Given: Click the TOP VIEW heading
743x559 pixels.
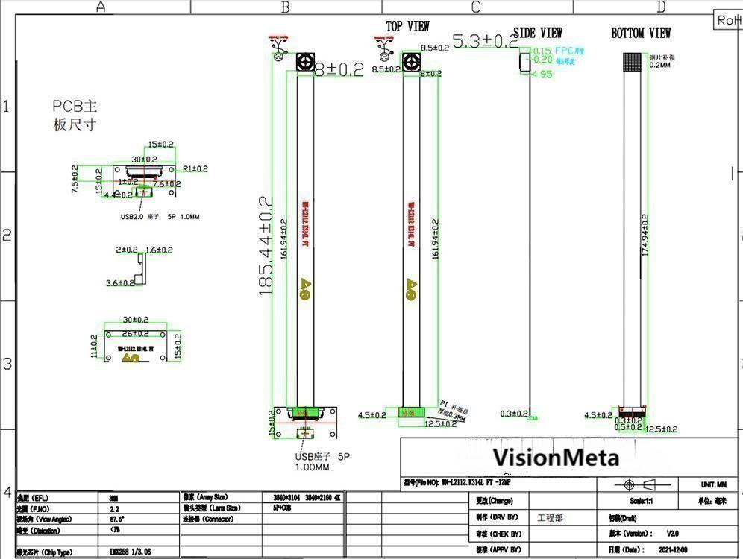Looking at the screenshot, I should click(x=407, y=27).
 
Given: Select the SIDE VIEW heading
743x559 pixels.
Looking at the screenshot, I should click(x=537, y=33).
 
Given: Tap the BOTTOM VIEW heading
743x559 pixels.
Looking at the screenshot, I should click(x=641, y=33).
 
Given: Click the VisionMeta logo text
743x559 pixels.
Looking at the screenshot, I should click(x=556, y=457).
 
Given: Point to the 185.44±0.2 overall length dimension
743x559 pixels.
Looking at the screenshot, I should click(x=266, y=246).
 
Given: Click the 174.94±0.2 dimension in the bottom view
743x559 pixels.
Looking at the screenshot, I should click(x=645, y=235).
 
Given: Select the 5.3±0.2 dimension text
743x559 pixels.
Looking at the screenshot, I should click(x=485, y=41).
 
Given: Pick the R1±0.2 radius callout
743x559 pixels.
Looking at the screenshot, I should click(x=195, y=168).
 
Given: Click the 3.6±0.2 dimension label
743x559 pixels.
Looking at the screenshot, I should click(x=120, y=282).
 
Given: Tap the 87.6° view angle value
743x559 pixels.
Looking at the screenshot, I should click(x=116, y=519).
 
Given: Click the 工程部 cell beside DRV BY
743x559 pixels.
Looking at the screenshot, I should click(x=551, y=517).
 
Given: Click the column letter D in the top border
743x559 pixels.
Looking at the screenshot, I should click(x=661, y=7).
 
